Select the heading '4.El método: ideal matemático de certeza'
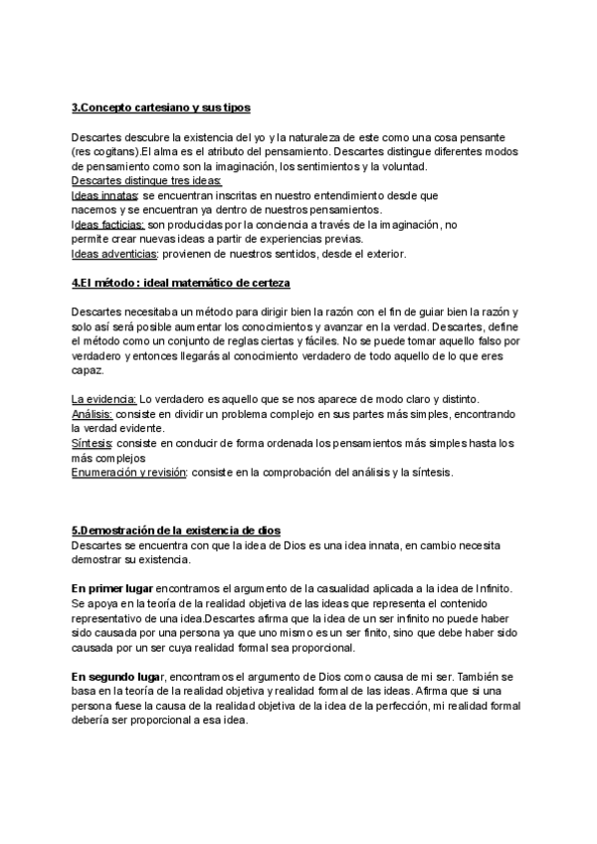pyautogui.click(x=180, y=283)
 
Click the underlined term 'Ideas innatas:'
pyautogui.click(x=104, y=196)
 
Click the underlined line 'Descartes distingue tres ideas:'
pyautogui.click(x=146, y=181)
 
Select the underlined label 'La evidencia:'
pyautogui.click(x=104, y=399)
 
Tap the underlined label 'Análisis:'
pyautogui.click(x=94, y=413)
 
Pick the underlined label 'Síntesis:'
pyautogui.click(x=93, y=443)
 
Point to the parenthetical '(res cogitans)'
pyautogui.click(x=105, y=151)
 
